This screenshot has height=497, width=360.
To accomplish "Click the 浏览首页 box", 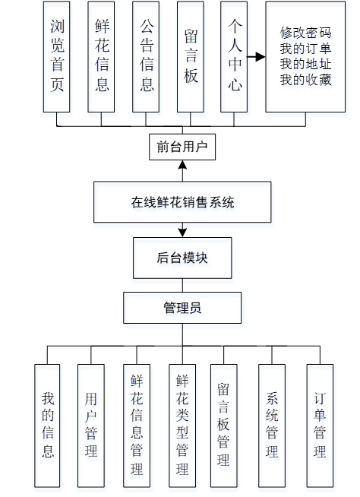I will tap(57, 56).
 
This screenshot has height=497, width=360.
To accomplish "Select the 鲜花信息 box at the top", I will tap(101, 56).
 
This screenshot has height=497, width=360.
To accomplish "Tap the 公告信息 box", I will tap(147, 56).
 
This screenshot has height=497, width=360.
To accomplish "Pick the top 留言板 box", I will tap(191, 56).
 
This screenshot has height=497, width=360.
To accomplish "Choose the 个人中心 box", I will tap(235, 56).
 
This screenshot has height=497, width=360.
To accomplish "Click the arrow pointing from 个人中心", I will tap(257, 57).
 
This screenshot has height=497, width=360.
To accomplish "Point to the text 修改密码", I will tap(306, 33).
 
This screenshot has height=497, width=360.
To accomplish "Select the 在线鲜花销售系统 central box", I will tap(182, 202).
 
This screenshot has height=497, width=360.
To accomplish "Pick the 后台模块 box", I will tap(182, 257).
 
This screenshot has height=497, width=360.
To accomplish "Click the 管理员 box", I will tap(182, 308).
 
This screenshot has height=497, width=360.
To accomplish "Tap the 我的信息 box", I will tap(47, 425).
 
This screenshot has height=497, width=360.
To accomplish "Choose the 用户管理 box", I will tap(91, 425).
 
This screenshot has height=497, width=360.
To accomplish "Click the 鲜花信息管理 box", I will tap(136, 425).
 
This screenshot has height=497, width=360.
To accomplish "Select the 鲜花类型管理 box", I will tap(182, 425).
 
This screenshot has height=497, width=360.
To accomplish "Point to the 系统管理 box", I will tap(272, 425).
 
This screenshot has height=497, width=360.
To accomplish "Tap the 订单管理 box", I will tap(320, 425).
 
